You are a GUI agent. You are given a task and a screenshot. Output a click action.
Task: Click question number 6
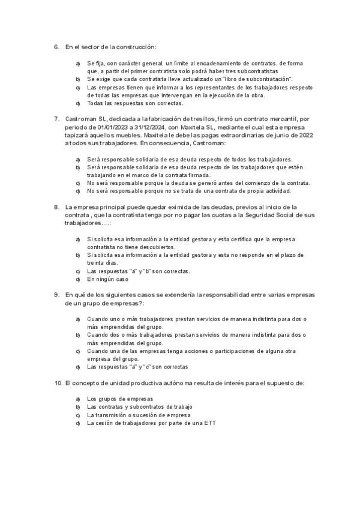click(56, 46)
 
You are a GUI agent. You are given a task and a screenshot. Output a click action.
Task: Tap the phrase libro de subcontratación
click(257, 79)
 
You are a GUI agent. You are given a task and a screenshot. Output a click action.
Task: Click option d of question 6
click(78, 103)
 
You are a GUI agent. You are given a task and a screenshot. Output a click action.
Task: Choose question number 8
click(56, 206)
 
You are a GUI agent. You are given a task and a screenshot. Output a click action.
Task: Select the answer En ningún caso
click(107, 279)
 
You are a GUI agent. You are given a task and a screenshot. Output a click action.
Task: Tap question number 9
click(56, 295)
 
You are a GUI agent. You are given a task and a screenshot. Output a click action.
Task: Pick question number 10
click(58, 382)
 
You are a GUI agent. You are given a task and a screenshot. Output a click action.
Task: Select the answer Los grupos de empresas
click(120, 399)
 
